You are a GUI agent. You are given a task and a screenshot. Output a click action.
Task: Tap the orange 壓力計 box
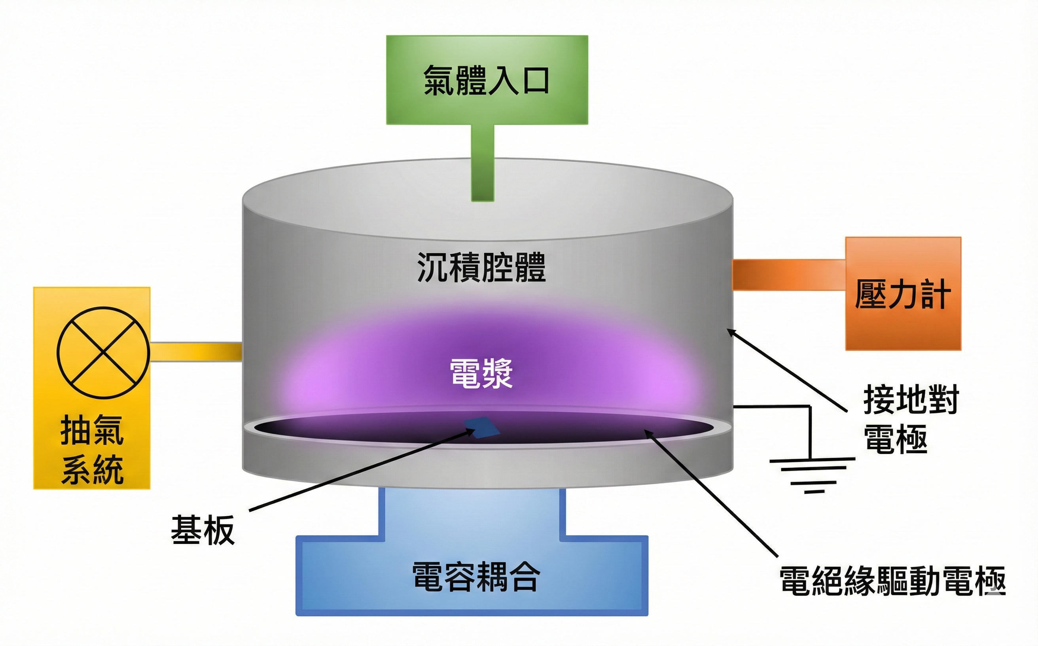(903, 294)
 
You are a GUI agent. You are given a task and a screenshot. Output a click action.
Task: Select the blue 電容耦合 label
(476, 577)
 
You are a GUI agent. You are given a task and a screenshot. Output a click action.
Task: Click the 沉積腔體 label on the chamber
(481, 267)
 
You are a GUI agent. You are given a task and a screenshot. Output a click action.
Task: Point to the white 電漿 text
(481, 373)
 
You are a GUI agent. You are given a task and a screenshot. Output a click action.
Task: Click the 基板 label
(203, 530)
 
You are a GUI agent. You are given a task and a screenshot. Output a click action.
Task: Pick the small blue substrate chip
(483, 427)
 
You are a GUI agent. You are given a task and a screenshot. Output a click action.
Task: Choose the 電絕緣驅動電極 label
(892, 581)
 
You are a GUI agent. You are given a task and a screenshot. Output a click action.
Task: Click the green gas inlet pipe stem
(483, 162)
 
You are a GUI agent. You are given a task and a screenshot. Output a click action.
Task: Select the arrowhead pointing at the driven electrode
(649, 434)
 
